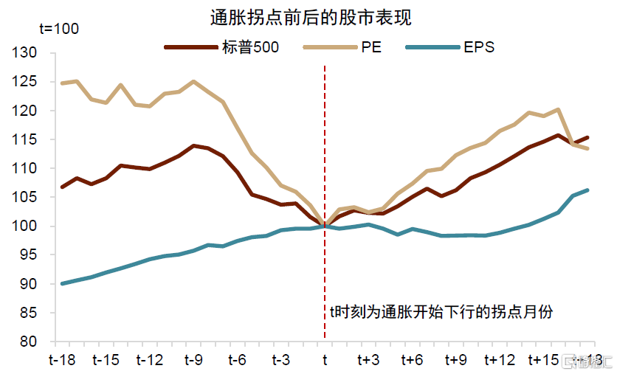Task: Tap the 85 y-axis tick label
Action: tap(28, 313)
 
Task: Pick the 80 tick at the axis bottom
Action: tap(28, 342)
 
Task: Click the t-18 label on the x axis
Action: tap(62, 360)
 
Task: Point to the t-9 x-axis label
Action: tap(193, 360)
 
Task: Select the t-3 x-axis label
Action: tap(281, 360)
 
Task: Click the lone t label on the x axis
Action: tap(325, 360)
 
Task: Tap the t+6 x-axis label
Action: tap(412, 360)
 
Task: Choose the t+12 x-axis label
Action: tap(500, 360)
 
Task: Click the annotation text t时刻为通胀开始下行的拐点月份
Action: tap(441, 312)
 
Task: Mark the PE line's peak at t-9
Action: tap(193, 81)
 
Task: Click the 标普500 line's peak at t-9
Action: tap(193, 145)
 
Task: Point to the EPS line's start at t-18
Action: tap(62, 283)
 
